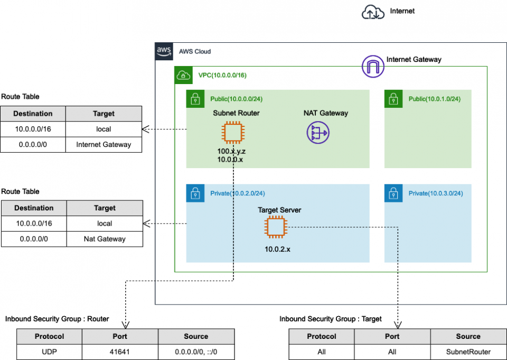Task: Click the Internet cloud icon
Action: click(373, 12)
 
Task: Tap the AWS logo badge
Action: click(164, 51)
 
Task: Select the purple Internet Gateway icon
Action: click(372, 67)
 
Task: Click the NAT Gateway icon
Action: click(317, 132)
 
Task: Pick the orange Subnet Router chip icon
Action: click(233, 132)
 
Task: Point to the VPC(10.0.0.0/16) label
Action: click(222, 75)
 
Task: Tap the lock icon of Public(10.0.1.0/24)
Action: click(393, 98)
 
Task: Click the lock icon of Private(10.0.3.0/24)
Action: click(393, 193)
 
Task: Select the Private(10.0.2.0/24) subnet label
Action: click(237, 193)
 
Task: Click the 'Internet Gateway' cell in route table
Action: click(104, 144)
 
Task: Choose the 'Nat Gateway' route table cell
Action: click(105, 239)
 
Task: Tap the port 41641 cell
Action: click(120, 352)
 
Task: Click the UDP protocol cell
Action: click(49, 352)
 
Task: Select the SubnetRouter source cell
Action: click(468, 352)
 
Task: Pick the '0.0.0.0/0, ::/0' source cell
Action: click(196, 352)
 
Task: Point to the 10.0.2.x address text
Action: click(277, 248)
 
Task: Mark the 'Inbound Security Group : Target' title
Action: click(331, 319)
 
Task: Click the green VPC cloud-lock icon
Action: click(183, 75)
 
